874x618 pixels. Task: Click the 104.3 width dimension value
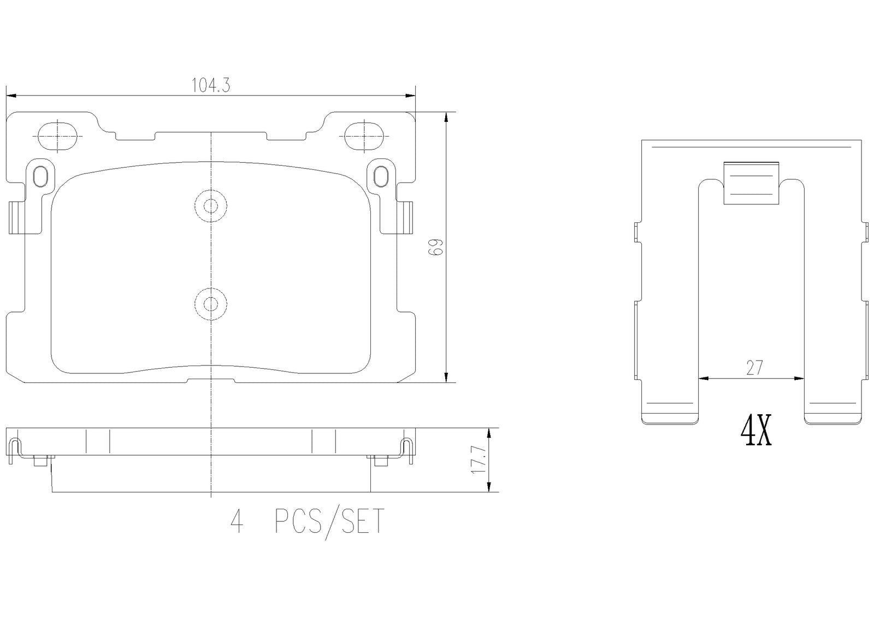pos(211,85)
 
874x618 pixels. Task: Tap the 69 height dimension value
pos(436,247)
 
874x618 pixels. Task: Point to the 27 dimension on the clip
pos(754,368)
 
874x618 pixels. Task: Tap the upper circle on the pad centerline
pos(211,206)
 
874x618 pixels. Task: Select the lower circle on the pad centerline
pos(211,304)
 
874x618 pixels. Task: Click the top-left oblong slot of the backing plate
pos(58,136)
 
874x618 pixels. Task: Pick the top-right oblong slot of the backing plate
pos(364,136)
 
